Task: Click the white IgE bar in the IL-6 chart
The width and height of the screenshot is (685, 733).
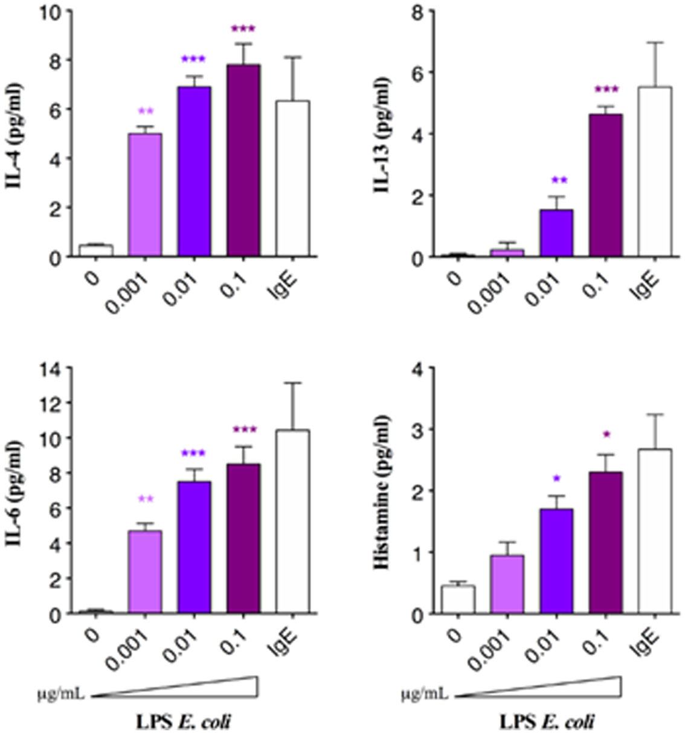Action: pos(293,522)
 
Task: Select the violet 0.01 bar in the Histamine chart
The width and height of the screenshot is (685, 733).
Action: pos(556,561)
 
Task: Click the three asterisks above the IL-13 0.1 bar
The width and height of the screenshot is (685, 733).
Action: pos(606,91)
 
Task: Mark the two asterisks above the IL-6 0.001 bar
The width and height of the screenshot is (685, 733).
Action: pos(145,499)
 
